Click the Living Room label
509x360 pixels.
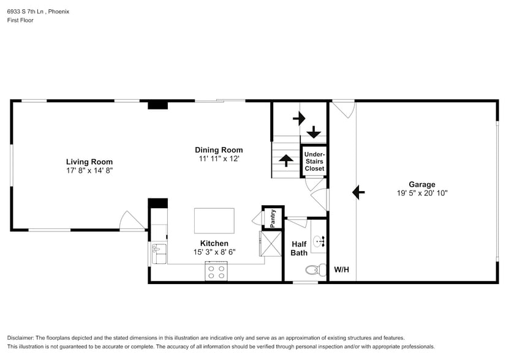pos(89,162)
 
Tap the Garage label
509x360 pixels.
pos(422,184)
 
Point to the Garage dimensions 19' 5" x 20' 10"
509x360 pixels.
pos(422,193)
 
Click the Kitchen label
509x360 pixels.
pos(214,244)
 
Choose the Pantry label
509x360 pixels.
pos(273,217)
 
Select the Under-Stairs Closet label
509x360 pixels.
pos(314,161)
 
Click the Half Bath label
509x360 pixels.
pos(299,248)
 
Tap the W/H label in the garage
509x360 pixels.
pos(341,269)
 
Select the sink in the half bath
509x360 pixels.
pos(319,241)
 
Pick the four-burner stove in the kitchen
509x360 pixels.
pos(216,271)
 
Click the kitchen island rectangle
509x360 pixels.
pos(214,220)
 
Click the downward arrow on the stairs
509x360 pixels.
pos(314,132)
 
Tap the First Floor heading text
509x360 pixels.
pos(20,20)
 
